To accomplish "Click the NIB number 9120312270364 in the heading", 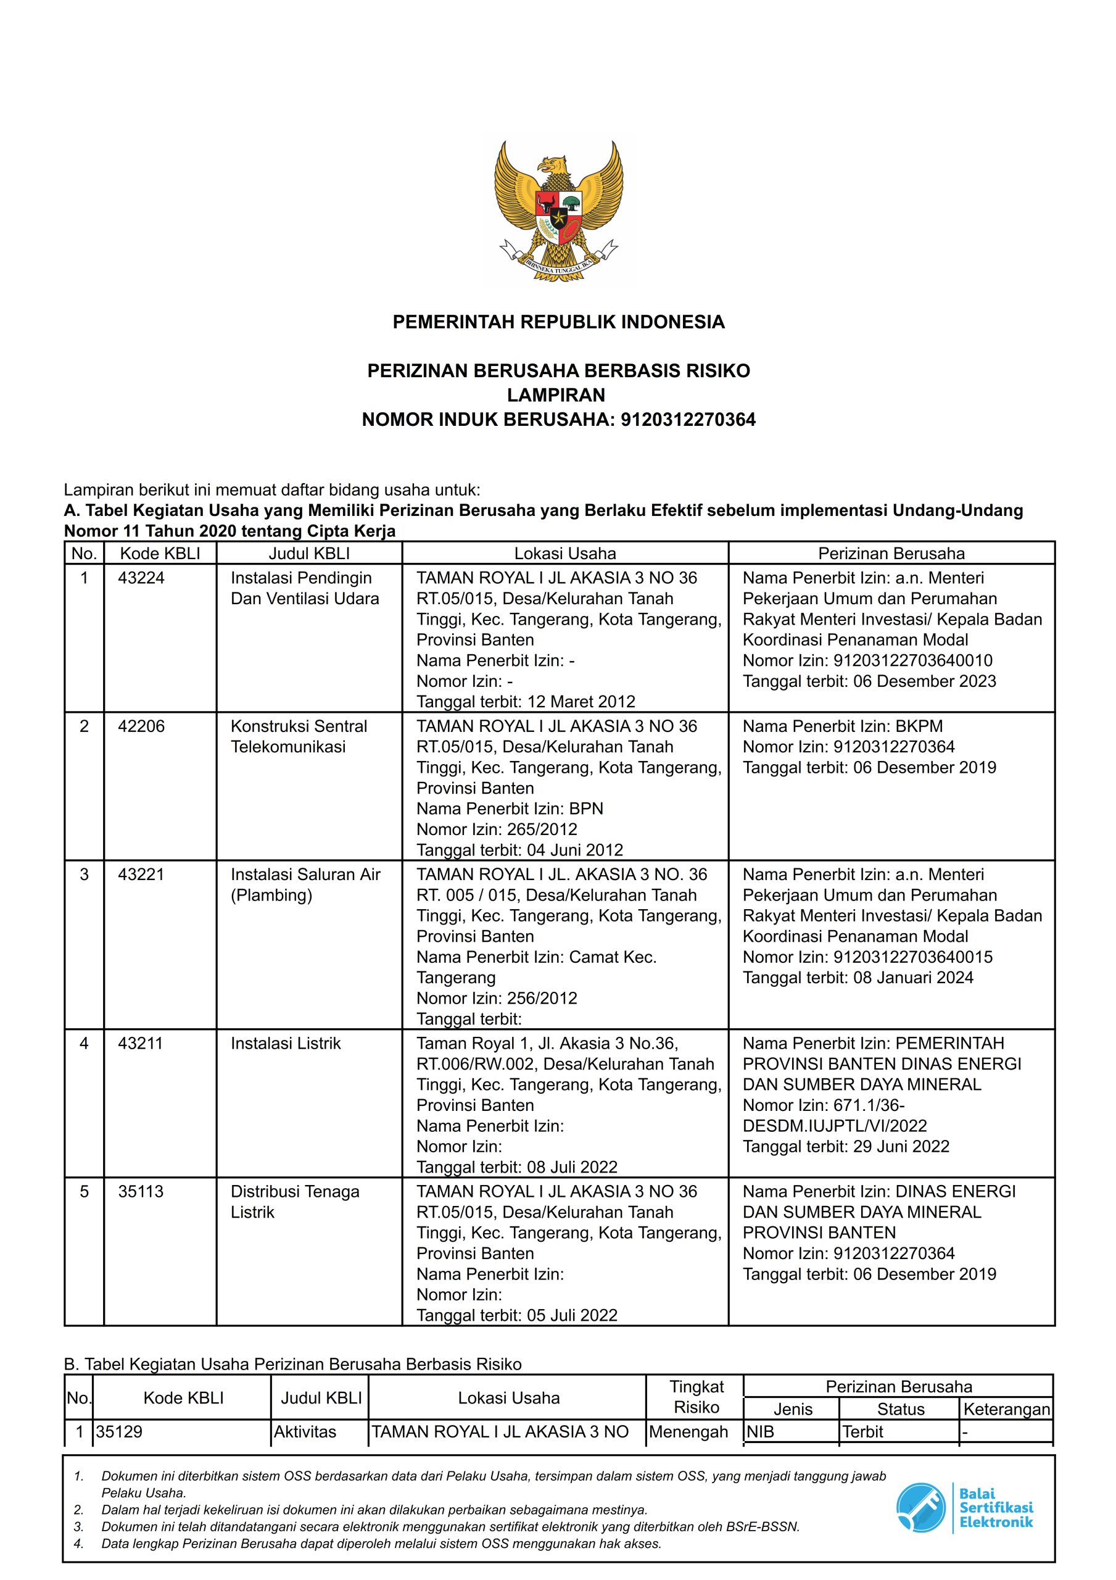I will coord(687,420).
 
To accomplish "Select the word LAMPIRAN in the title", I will coord(556,395).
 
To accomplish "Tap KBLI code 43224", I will coord(141,578).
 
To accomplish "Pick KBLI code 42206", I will coord(141,726).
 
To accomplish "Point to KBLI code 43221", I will coord(141,874).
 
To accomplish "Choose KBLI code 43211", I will coord(141,1043).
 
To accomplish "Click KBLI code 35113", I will coord(141,1191).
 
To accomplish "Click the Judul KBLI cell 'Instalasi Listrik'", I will coord(286,1043).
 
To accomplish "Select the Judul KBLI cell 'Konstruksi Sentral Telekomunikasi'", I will coord(299,736).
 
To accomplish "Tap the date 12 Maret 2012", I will coord(581,702).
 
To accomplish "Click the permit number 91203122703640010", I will coord(913,660).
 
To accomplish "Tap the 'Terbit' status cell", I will coord(863,1432).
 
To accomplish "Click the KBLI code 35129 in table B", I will coord(119,1432).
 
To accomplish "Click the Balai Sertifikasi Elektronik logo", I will coord(965,1507).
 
